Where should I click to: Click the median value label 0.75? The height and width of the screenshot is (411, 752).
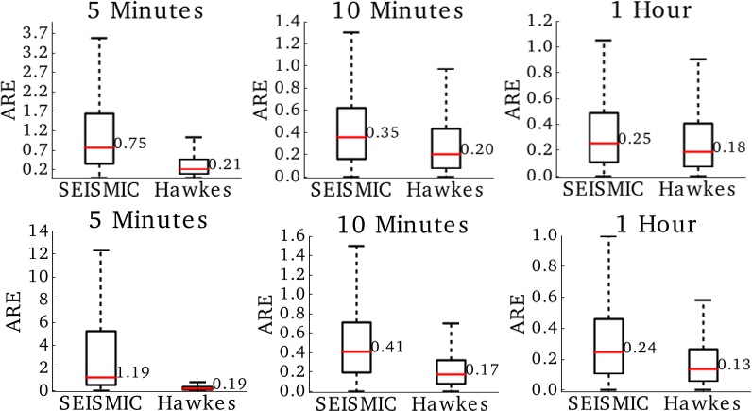coord(127,145)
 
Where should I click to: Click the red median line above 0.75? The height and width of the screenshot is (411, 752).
coord(86,147)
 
